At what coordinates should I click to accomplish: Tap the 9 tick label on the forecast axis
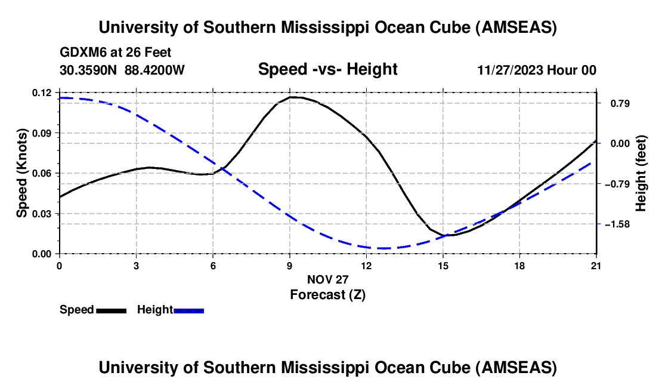click(x=289, y=266)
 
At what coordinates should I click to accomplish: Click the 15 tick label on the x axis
click(x=443, y=266)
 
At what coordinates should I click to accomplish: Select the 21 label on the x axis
click(x=596, y=266)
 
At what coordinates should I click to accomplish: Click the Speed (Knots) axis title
click(x=22, y=173)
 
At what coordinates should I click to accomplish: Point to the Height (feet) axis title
click(x=642, y=173)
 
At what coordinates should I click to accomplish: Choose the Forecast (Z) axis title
click(x=327, y=294)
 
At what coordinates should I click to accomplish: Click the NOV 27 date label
click(x=327, y=279)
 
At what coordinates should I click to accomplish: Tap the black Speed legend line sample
click(x=111, y=310)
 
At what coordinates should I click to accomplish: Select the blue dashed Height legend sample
click(x=189, y=310)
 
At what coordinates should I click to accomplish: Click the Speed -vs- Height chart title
click(x=327, y=69)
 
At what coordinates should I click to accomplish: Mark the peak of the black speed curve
click(x=292, y=97)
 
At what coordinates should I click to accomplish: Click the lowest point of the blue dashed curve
click(x=382, y=248)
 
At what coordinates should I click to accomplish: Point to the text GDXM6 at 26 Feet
click(x=116, y=53)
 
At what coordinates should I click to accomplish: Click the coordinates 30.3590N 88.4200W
click(x=122, y=70)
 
